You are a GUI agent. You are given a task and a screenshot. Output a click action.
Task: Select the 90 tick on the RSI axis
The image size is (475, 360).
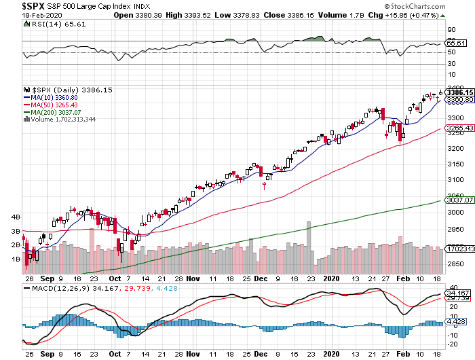pos(449,29)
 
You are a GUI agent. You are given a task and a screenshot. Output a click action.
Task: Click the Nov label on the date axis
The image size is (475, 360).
pos(193,278)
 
